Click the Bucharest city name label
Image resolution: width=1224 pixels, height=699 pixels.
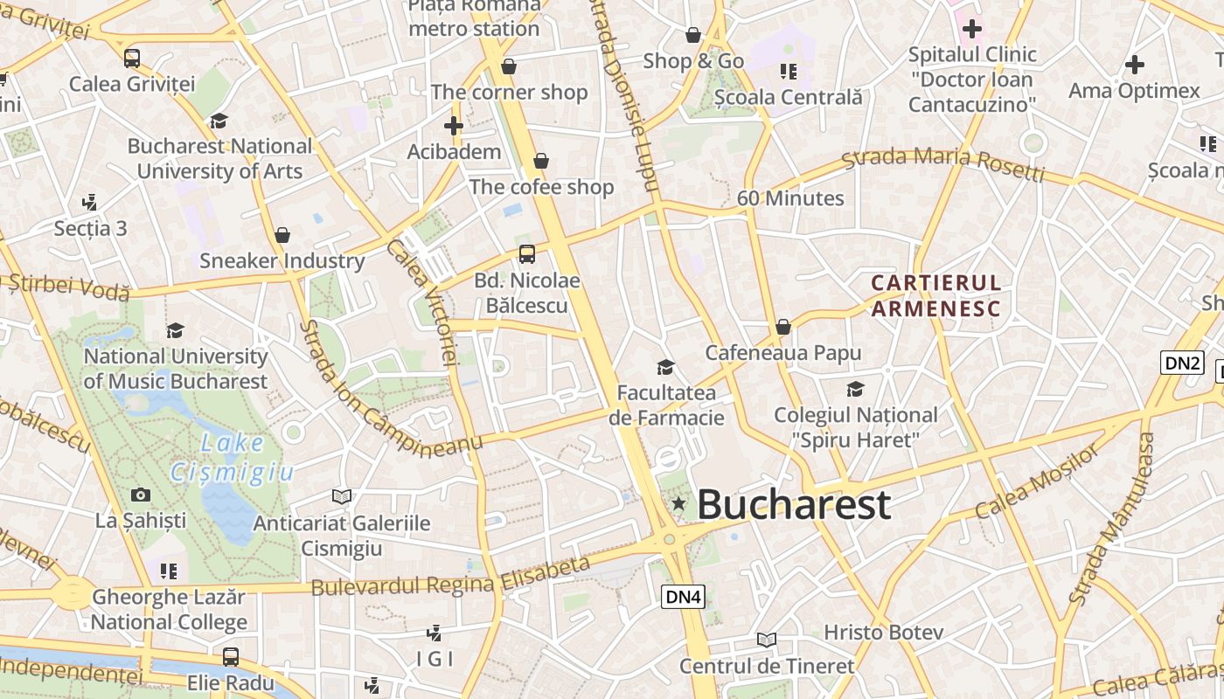[794, 505]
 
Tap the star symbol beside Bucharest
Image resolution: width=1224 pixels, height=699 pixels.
[678, 504]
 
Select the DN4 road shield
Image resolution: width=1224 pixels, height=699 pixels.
[683, 598]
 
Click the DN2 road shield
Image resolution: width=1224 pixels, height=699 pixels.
[1182, 363]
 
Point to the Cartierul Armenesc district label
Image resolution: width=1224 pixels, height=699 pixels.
[935, 295]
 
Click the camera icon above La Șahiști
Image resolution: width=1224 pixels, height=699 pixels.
[140, 495]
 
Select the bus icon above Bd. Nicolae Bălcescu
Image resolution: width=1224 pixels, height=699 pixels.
[526, 254]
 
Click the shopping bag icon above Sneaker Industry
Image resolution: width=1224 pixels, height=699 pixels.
[282, 235]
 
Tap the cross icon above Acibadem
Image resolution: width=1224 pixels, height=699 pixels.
[453, 126]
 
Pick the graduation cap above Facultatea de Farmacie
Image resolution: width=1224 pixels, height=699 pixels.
[666, 367]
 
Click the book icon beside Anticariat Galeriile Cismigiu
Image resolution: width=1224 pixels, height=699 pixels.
[341, 497]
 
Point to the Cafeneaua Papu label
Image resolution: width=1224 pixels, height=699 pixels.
[783, 353]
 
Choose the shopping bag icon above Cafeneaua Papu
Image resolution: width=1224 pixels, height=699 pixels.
[783, 327]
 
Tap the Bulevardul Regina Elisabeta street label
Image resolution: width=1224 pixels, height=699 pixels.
[451, 578]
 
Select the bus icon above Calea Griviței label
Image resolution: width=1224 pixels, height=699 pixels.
[132, 59]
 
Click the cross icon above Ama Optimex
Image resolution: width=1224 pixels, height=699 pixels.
[1134, 65]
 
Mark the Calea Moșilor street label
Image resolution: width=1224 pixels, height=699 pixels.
[1038, 481]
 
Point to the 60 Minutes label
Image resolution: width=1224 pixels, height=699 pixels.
[790, 198]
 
